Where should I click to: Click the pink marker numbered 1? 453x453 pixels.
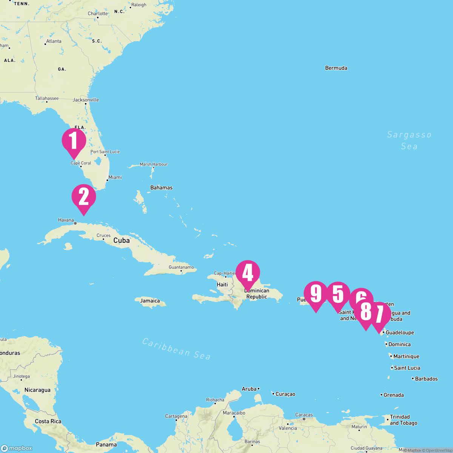tap(74, 141)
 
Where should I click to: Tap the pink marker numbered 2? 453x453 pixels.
tap(84, 197)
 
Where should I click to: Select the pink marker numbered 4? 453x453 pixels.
tap(248, 273)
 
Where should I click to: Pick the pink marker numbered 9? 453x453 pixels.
tap(316, 294)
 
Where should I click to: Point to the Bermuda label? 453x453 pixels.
tap(336, 68)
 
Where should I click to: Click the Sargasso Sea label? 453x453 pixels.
tap(409, 140)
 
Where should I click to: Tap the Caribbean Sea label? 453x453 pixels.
tap(176, 348)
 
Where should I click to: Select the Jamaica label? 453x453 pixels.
tap(150, 301)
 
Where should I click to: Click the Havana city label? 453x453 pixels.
tap(66, 220)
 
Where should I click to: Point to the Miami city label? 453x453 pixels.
tap(115, 177)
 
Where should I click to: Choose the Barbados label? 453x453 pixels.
tap(426, 379)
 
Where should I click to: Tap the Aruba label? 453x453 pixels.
tap(249, 388)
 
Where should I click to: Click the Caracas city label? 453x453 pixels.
tap(304, 415)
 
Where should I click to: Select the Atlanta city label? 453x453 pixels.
tap(53, 41)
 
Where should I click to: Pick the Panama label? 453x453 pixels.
tap(106, 444)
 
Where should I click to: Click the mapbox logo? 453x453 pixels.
tap(17, 448)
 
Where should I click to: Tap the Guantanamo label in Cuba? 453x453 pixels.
tap(181, 267)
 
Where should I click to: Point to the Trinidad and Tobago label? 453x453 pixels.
tap(403, 420)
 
